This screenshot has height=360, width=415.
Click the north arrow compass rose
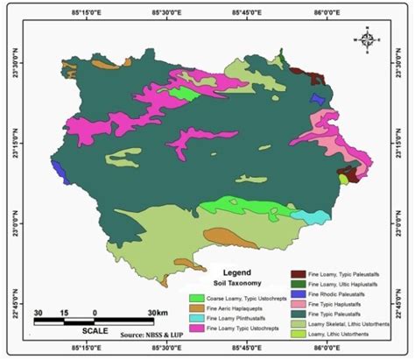[x=368, y=39]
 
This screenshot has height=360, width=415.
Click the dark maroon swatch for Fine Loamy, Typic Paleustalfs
[x=296, y=274]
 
